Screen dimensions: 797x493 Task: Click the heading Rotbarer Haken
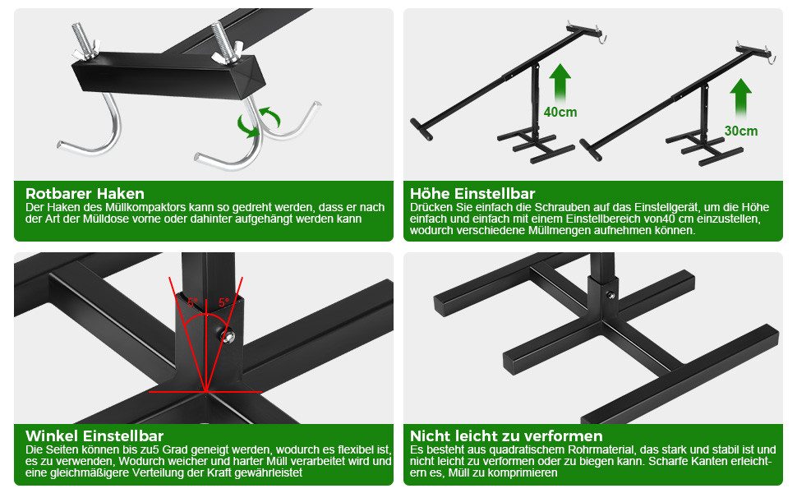tap(85, 194)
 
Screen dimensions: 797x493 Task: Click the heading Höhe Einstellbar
tap(472, 194)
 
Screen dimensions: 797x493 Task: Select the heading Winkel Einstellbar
tap(94, 436)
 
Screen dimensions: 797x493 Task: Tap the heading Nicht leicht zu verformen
tap(506, 436)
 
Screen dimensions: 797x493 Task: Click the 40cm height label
tap(560, 112)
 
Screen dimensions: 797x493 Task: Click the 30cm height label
tap(741, 131)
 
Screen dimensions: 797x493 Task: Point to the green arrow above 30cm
tap(740, 100)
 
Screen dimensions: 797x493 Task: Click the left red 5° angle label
tap(192, 302)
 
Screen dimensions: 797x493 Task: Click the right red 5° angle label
tap(223, 302)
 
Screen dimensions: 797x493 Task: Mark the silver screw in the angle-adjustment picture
tap(228, 335)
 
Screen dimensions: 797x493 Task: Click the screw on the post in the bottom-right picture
tap(610, 295)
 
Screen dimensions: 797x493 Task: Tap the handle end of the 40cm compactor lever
tap(422, 130)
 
